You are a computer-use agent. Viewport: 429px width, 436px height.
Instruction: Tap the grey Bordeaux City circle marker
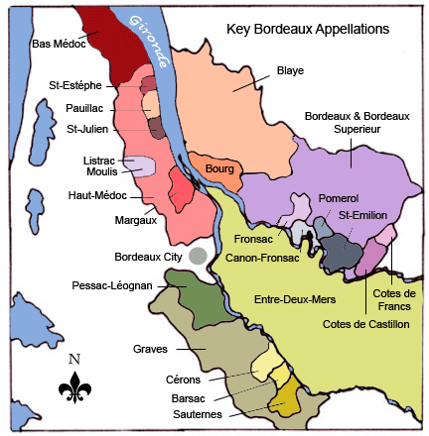pyautogui.click(x=199, y=255)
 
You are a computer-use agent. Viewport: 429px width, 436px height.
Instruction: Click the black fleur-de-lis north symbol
pyautogui.click(x=74, y=386)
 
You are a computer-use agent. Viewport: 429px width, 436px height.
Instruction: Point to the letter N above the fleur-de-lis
pyautogui.click(x=74, y=359)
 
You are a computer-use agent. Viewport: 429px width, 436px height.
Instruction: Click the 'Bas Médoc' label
pyautogui.click(x=57, y=43)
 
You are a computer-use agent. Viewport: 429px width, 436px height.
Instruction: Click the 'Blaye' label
pyautogui.click(x=289, y=70)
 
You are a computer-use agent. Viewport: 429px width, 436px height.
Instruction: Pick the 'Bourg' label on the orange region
pyautogui.click(x=218, y=169)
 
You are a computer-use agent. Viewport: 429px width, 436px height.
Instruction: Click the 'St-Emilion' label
pyautogui.click(x=362, y=215)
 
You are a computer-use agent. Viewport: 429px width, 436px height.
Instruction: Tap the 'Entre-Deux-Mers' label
pyautogui.click(x=295, y=298)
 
